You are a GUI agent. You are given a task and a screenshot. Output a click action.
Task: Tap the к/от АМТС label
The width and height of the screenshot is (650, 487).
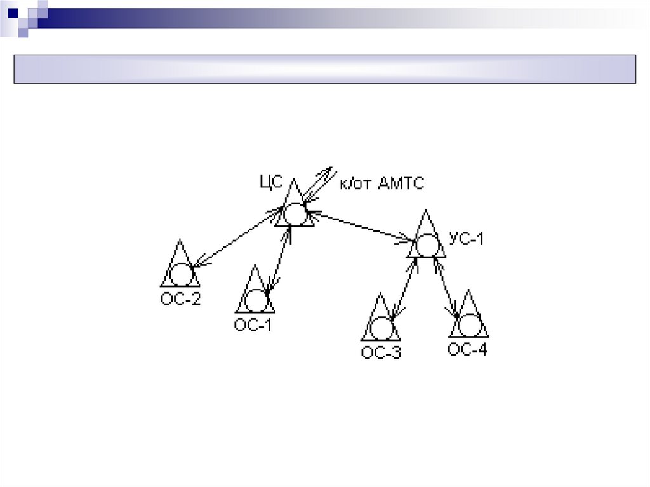382,183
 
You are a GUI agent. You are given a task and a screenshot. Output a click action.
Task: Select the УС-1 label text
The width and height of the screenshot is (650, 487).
467,239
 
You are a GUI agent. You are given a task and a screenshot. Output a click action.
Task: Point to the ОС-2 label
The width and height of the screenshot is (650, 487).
180,298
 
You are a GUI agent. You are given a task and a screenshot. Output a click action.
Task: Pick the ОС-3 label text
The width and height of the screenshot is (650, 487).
381,353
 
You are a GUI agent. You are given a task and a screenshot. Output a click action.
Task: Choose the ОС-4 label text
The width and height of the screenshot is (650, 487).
468,349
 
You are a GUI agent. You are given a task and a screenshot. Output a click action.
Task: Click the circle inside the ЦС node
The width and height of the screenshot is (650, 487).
294,213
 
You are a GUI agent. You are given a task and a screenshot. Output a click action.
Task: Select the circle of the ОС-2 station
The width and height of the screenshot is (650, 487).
180,274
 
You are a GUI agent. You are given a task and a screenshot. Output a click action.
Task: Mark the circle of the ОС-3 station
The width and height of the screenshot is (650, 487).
381,328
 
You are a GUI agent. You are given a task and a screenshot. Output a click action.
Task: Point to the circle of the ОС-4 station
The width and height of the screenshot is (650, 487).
470,325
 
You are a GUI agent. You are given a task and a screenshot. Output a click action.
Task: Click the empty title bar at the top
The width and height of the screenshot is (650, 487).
324,69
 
